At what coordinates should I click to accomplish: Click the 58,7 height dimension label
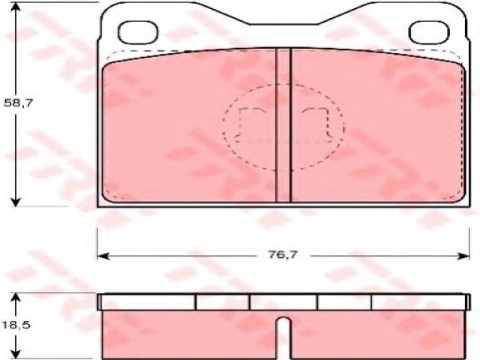click(18, 103)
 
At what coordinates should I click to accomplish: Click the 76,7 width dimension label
click(283, 255)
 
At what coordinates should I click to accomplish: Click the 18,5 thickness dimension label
click(16, 325)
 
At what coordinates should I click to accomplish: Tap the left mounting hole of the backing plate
click(138, 32)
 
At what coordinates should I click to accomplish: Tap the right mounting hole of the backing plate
click(429, 32)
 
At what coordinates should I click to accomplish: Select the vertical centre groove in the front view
click(283, 125)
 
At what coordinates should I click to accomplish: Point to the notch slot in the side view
click(284, 337)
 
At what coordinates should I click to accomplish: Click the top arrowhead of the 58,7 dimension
click(15, 7)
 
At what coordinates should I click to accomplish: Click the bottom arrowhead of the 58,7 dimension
click(15, 202)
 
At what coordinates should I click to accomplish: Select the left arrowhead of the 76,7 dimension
click(103, 256)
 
